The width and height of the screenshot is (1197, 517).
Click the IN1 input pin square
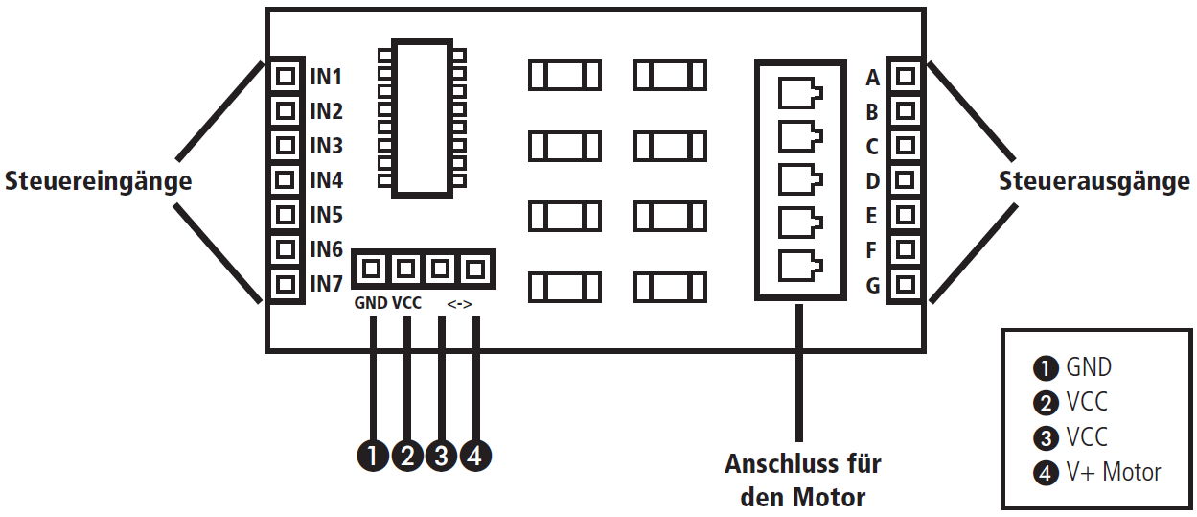click(284, 76)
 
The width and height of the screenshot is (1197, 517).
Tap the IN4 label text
click(326, 180)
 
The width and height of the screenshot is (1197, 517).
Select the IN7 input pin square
click(284, 284)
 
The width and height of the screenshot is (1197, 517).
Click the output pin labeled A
click(906, 76)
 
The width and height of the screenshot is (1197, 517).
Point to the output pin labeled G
click(906, 284)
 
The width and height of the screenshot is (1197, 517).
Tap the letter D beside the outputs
click(872, 181)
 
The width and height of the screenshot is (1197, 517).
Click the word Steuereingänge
click(98, 180)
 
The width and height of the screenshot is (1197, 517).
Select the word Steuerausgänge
click(1094, 180)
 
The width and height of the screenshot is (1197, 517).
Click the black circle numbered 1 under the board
click(372, 456)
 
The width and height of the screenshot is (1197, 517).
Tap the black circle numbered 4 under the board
click(475, 456)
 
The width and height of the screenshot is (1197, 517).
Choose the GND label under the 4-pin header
click(371, 304)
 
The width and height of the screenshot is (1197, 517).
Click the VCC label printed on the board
click(407, 304)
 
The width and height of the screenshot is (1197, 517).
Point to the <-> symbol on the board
click(459, 304)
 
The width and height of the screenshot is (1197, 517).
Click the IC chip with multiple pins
click(422, 118)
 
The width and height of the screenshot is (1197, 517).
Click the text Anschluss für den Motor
click(802, 481)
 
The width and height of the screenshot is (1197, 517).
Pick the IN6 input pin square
click(284, 249)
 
